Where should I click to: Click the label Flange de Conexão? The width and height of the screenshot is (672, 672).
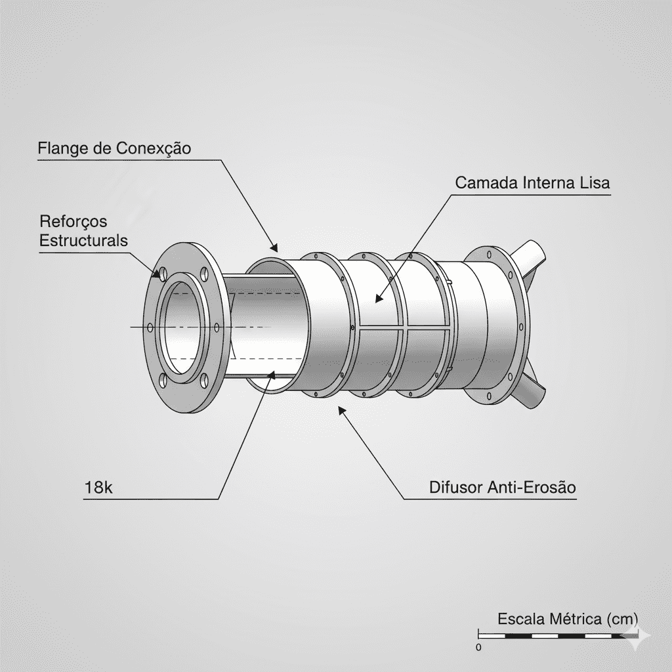coord(114,148)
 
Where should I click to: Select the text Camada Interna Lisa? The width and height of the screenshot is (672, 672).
coord(532,183)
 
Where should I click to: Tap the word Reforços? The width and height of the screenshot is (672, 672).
coord(73,221)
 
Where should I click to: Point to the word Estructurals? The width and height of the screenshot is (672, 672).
coord(83,240)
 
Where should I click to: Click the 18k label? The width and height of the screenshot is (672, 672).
coord(99,488)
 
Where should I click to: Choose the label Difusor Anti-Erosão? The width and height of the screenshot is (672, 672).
coord(502,488)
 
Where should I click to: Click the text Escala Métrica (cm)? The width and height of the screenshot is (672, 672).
coord(567,618)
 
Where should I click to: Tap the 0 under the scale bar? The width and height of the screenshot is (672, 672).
coord(478,647)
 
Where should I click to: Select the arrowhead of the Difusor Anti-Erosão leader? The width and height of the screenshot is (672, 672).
coord(341,410)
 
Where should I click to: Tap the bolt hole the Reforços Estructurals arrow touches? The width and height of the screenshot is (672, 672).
coord(159,274)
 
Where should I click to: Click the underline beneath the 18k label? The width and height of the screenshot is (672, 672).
coord(151,499)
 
